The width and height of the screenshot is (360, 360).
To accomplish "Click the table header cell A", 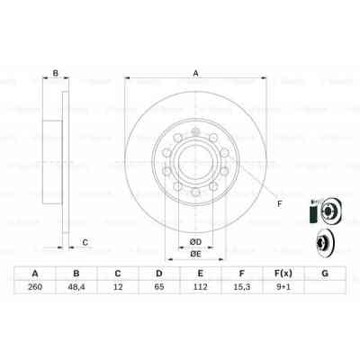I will [x=34, y=274].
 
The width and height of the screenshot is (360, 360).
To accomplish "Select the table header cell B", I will [x=76, y=274].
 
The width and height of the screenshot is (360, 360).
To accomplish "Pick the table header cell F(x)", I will [x=283, y=274].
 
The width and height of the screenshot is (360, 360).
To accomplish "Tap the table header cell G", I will [x=325, y=274].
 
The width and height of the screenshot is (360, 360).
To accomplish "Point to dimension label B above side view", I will [x=55, y=75].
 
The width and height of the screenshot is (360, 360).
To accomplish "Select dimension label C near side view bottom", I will [x=85, y=241].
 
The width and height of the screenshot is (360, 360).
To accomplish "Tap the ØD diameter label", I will [x=194, y=241].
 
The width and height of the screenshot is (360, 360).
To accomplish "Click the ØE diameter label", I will [x=194, y=254].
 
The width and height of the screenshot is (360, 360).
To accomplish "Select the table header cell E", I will [x=201, y=274].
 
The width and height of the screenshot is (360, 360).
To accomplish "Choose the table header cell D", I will [x=158, y=274].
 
